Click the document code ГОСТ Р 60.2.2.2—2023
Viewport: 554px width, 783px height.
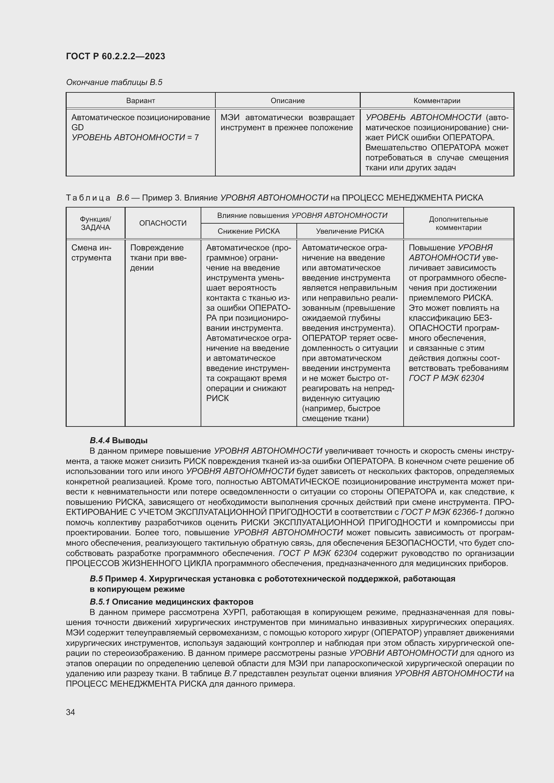tap(115, 56)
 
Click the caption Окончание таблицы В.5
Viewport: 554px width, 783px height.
tap(114, 82)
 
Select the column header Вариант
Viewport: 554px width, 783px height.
tap(141, 101)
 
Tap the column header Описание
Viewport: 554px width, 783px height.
tap(288, 101)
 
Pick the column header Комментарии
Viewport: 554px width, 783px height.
tap(437, 101)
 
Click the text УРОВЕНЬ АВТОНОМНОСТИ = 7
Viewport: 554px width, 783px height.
tap(135, 138)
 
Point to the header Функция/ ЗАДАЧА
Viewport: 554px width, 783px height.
tap(95, 223)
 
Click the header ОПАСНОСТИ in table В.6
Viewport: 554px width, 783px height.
tap(163, 223)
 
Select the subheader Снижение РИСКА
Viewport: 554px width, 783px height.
tap(249, 231)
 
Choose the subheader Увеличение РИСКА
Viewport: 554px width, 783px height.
tap(350, 231)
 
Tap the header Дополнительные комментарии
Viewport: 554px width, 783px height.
tap(458, 223)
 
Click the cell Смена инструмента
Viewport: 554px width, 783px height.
tap(91, 253)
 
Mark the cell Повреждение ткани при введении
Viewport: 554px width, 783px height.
tap(158, 257)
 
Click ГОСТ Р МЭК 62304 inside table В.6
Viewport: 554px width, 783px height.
tap(446, 378)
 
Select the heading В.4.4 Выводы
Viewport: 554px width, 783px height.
tap(118, 440)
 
